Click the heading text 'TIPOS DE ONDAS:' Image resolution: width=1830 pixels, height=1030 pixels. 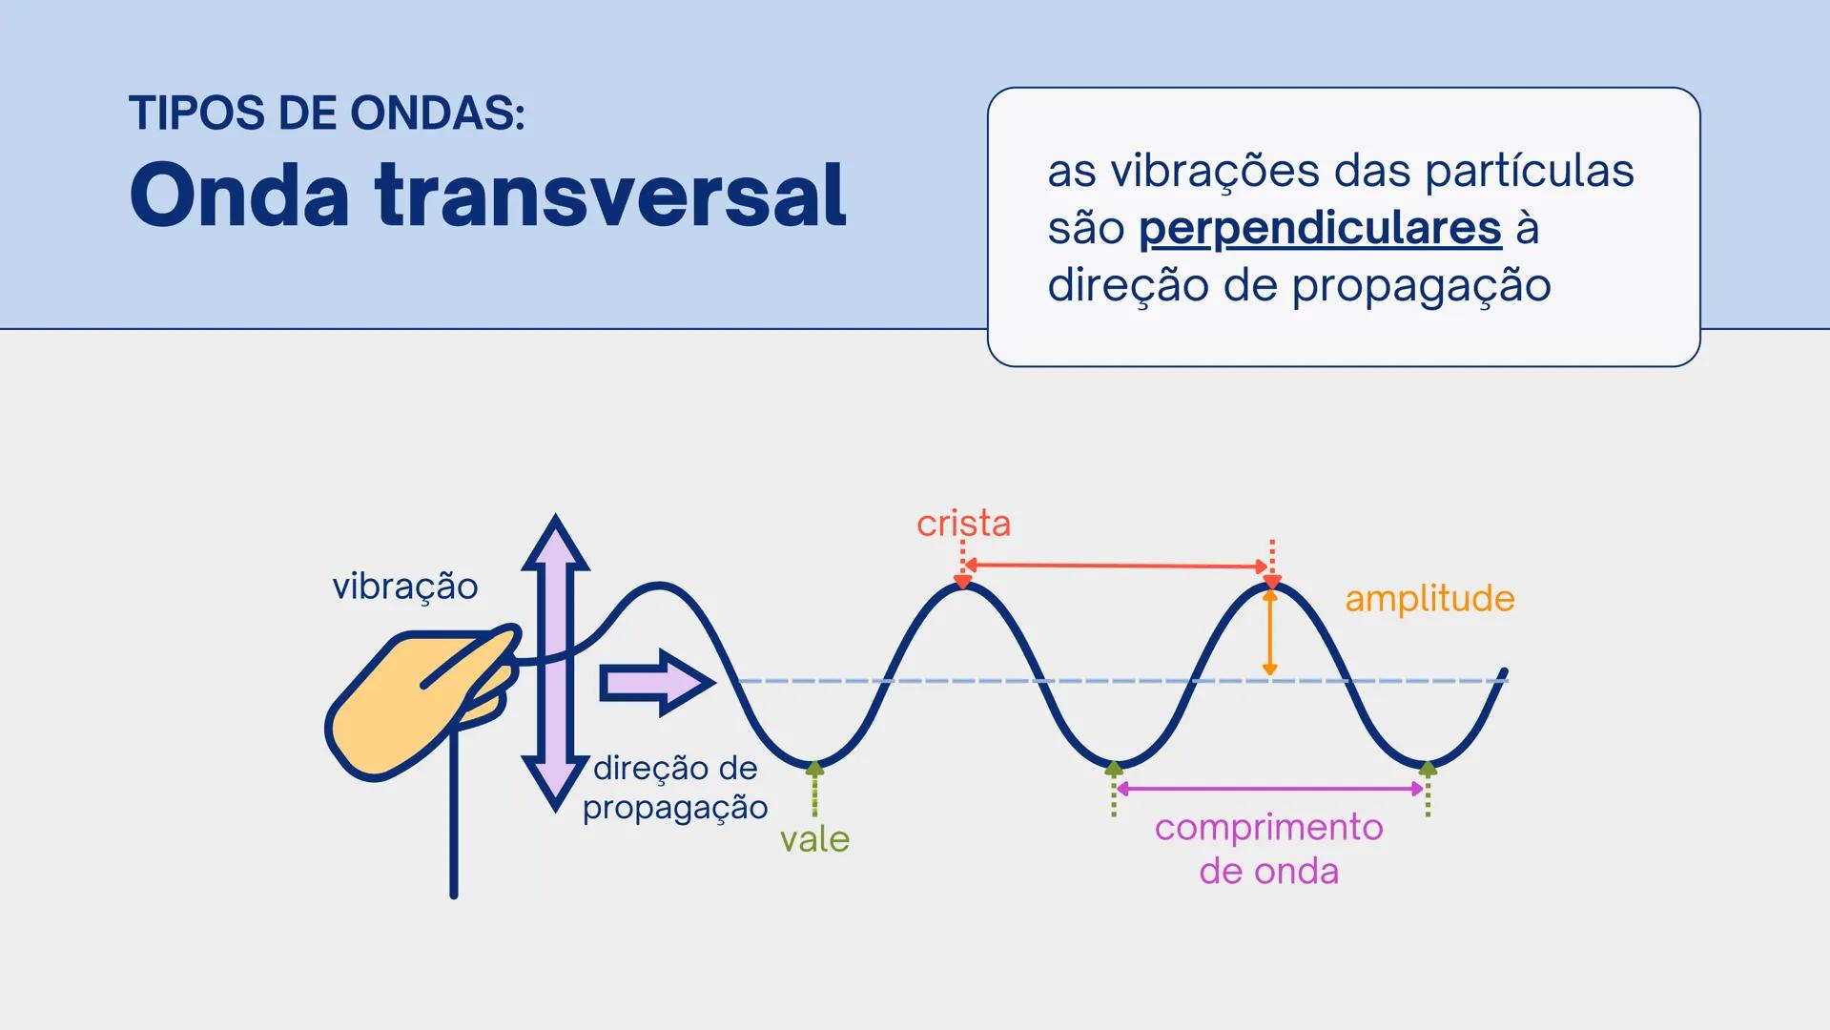click(x=327, y=113)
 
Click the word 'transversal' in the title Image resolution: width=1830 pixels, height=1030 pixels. click(x=610, y=196)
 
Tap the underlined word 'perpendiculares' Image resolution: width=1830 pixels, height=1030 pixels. click(x=1320, y=229)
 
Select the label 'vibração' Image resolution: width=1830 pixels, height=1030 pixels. click(x=404, y=587)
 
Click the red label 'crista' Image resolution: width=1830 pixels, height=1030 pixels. click(x=963, y=524)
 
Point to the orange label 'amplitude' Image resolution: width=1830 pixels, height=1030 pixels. click(x=1429, y=599)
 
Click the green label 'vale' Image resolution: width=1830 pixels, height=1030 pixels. click(x=814, y=839)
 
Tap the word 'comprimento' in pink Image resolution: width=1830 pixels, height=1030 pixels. click(x=1268, y=828)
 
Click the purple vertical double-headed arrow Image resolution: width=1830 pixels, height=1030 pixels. click(x=555, y=662)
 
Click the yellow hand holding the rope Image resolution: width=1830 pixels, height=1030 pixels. click(x=410, y=706)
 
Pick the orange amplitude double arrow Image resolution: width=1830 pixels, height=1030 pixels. click(x=1269, y=632)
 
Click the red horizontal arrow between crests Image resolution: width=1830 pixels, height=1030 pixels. click(x=1117, y=566)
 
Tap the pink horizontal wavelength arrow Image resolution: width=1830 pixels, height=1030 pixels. click(x=1269, y=789)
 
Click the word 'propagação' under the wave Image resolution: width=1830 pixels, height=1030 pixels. click(x=675, y=808)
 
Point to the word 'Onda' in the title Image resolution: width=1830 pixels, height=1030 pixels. click(x=239, y=196)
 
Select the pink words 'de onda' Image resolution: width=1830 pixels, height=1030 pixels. click(x=1268, y=872)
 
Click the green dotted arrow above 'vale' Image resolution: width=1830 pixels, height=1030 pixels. click(x=814, y=790)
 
